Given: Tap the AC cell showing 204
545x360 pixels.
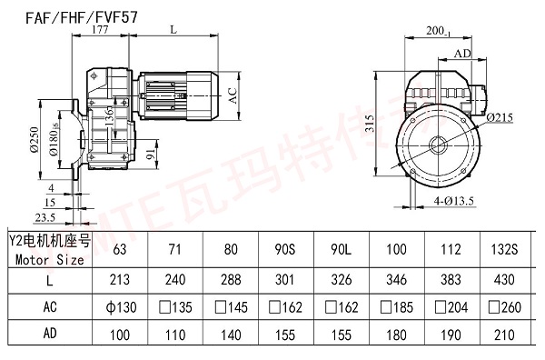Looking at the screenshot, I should click(453, 307).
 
